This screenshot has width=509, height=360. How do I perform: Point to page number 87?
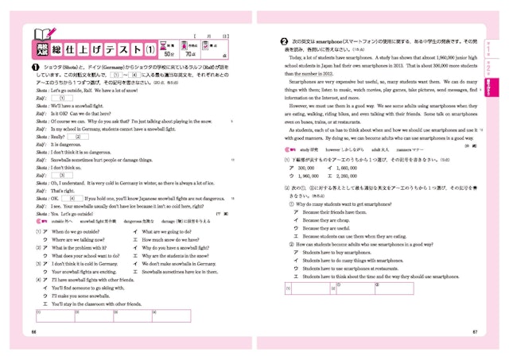[474, 331]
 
